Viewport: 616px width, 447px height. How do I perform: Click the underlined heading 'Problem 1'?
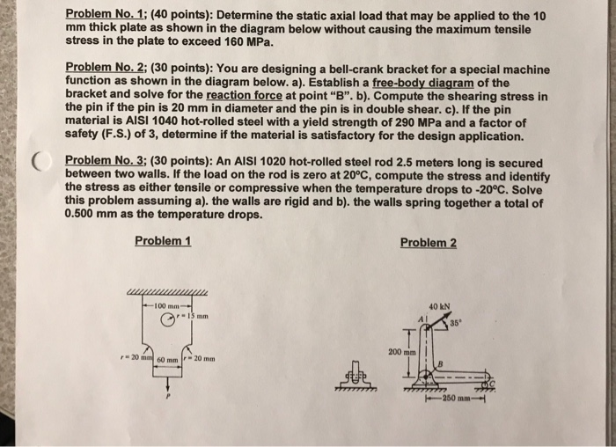point(164,241)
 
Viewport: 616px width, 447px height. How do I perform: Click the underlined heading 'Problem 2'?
point(428,243)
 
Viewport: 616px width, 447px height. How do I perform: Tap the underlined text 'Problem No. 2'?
point(97,69)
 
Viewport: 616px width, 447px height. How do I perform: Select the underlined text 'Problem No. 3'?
point(97,161)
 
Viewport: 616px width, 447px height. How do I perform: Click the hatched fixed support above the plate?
point(167,293)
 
